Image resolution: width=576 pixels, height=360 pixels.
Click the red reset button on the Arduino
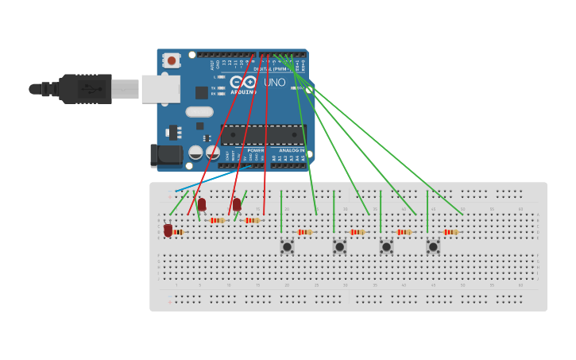(x=172, y=60)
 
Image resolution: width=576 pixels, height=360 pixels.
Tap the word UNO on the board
(x=274, y=82)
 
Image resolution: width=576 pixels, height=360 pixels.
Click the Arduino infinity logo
(x=242, y=82)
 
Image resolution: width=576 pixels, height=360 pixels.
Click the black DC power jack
(x=165, y=154)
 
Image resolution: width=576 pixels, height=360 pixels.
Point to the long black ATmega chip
(x=263, y=135)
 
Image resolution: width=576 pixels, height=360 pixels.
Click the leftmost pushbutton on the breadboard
(x=287, y=247)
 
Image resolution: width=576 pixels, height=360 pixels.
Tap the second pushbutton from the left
(x=339, y=247)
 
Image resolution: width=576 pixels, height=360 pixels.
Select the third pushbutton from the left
(x=386, y=247)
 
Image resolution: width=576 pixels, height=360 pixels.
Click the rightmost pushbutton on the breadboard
(x=433, y=247)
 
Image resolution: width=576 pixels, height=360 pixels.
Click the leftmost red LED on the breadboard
(x=168, y=230)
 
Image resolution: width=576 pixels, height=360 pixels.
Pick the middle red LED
(x=202, y=205)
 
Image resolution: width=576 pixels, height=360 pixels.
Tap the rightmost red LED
(x=237, y=205)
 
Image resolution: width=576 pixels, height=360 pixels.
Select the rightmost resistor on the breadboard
(x=450, y=232)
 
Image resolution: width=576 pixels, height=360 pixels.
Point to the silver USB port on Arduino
(x=160, y=89)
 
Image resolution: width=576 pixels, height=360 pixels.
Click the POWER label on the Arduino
(x=255, y=150)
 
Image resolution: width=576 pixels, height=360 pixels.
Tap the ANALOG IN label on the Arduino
(x=291, y=150)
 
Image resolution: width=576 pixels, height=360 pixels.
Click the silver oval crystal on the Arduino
(x=199, y=112)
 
